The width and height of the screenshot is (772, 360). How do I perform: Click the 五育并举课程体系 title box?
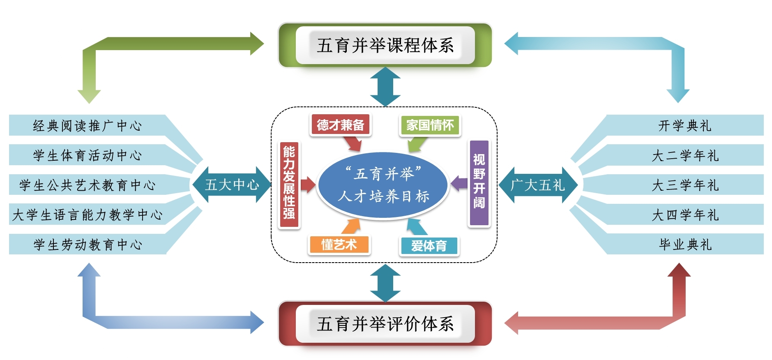pos(385,45)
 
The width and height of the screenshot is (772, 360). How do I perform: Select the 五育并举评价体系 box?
pos(385,324)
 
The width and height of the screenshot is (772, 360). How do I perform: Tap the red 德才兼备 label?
pos(340,125)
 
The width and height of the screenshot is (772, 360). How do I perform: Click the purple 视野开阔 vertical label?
pos(479,183)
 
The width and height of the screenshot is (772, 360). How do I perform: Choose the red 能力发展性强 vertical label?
pos(289,185)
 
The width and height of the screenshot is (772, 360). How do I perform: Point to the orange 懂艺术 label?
pos(339,245)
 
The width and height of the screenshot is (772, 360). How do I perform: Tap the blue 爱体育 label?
pos(429,246)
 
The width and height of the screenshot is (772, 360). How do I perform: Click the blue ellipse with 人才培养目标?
pos(383,185)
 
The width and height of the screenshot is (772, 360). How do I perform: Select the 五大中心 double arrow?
pos(232,185)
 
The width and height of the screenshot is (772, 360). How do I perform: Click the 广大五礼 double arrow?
pos(538,185)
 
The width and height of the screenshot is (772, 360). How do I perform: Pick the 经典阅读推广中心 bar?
pos(87,125)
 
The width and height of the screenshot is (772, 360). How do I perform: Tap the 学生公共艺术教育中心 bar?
pos(87,185)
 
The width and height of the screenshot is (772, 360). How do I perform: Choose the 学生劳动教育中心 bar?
pos(87,245)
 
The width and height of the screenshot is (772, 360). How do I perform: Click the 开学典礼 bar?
pos(685,125)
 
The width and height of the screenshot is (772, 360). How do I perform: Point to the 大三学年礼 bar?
pos(685,185)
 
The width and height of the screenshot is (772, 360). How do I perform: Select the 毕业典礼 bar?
pos(685,245)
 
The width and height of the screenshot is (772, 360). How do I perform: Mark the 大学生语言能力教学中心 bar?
pos(87,215)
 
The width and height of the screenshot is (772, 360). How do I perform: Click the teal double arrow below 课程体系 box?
pos(385,87)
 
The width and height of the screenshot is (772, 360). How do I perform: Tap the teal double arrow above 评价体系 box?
pos(385,283)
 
